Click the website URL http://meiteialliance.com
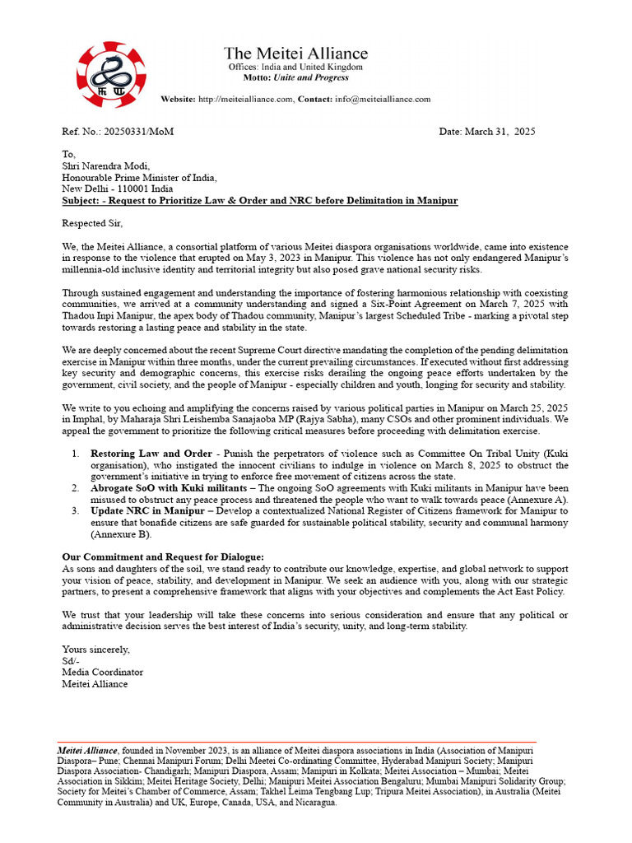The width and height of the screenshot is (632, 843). click(x=244, y=99)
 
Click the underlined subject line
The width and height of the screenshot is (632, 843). click(x=260, y=200)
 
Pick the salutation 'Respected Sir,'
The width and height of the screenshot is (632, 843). click(x=92, y=223)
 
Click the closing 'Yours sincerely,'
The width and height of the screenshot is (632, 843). click(x=96, y=650)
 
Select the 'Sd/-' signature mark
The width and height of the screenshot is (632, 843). click(x=71, y=661)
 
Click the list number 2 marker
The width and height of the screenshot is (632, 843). click(x=74, y=488)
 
